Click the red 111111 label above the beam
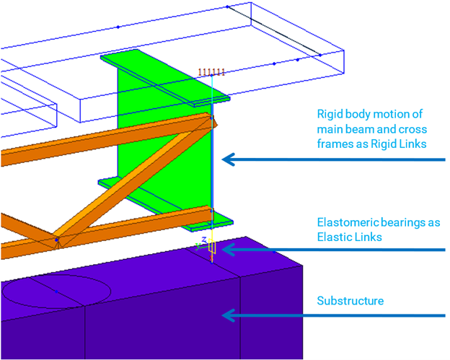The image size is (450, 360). [x=212, y=71]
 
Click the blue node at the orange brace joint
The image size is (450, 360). [x=56, y=240]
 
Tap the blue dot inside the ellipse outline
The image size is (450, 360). [x=56, y=291]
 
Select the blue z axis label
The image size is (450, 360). [x=204, y=239]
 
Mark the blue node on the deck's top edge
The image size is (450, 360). [x=118, y=27]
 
